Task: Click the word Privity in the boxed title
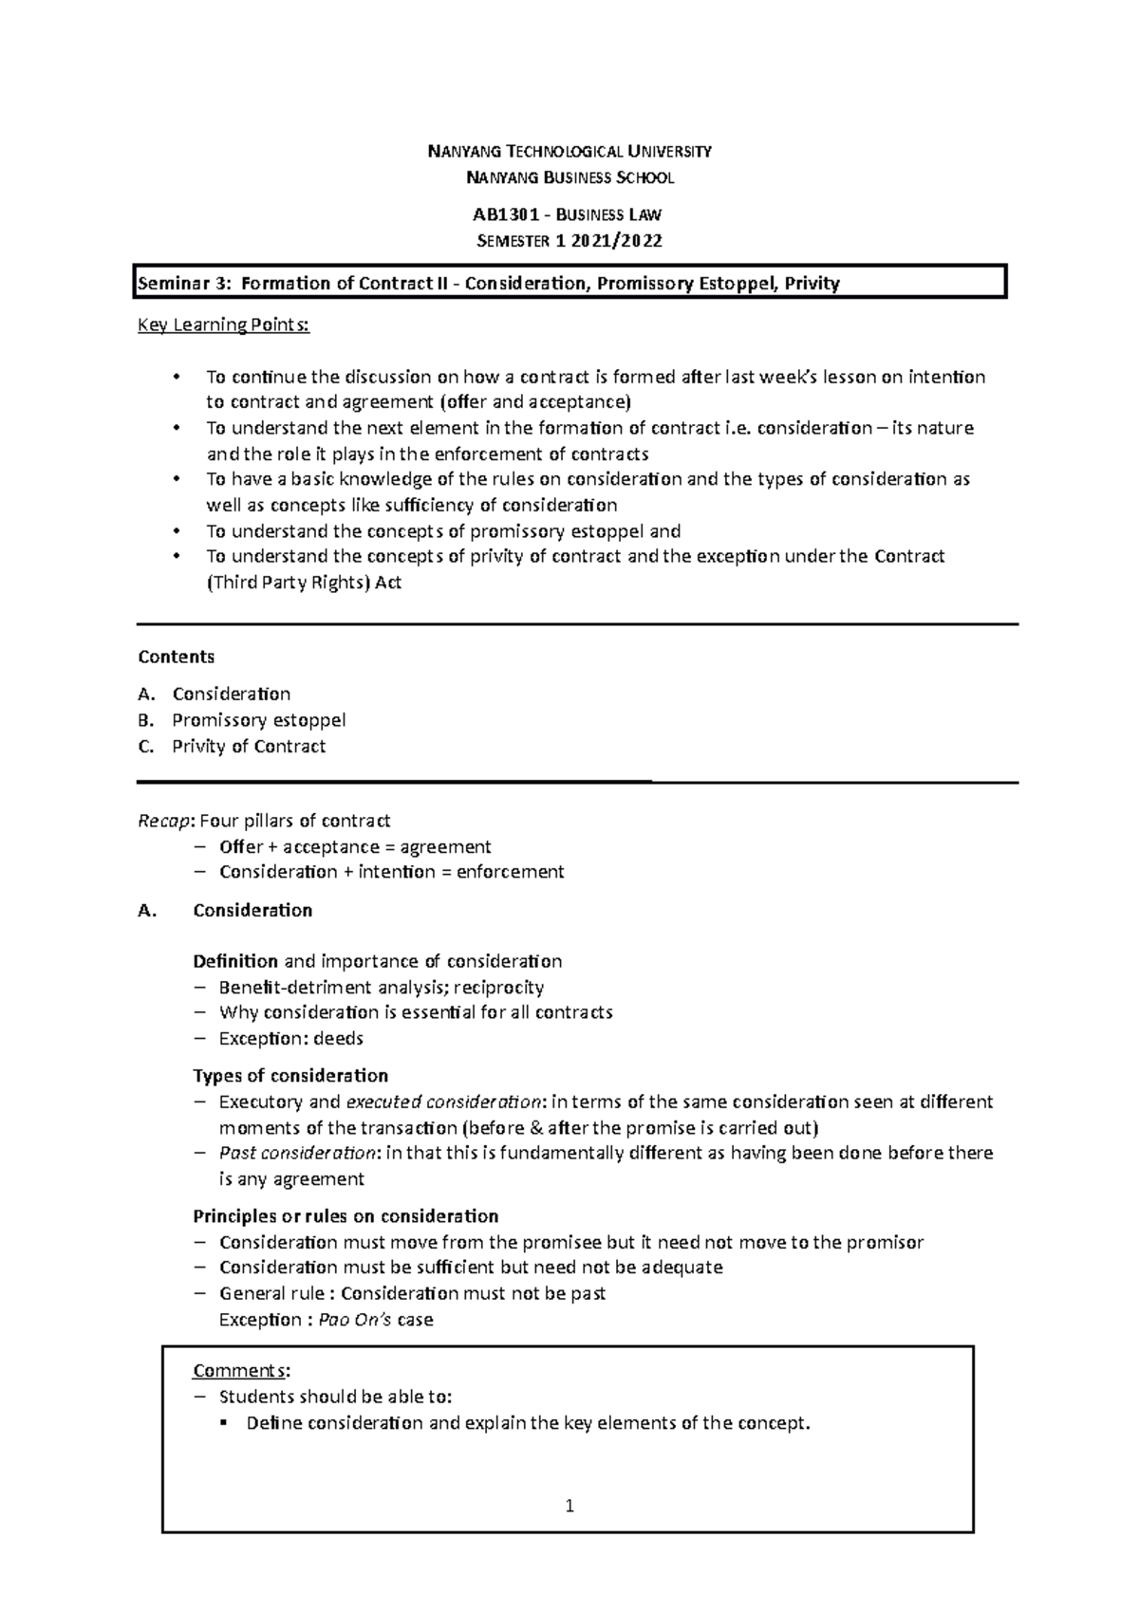(x=812, y=283)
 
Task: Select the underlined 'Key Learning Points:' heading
(x=224, y=325)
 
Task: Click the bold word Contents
(x=177, y=657)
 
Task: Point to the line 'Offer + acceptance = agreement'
(x=355, y=846)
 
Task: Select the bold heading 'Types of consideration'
(x=290, y=1076)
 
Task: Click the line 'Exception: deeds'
(x=291, y=1039)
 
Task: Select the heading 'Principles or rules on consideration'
(x=345, y=1216)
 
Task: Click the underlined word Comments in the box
(x=240, y=1371)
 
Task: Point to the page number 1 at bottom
(x=569, y=1506)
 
